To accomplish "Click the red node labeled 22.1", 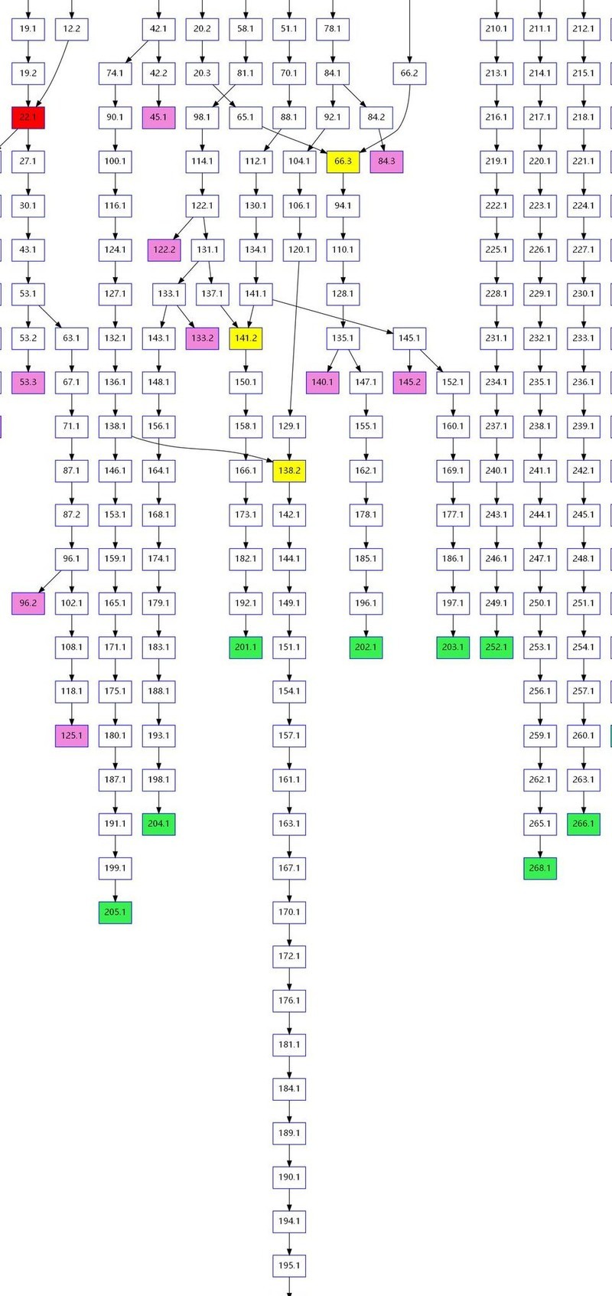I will (28, 117).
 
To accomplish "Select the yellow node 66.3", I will (343, 162).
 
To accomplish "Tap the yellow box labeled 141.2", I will (246, 338).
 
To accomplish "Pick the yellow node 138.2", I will (289, 471).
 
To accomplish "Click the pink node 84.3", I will (387, 162).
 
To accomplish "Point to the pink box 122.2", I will (164, 250).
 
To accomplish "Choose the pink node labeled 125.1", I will (72, 736).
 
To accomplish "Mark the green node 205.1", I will (116, 912).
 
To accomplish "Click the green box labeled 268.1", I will (540, 868).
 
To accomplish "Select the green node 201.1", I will (246, 647).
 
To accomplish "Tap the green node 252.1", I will (496, 647).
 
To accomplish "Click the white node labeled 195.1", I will (289, 1265).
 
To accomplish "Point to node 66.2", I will (409, 73).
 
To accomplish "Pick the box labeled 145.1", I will (409, 338).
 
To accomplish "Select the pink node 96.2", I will (28, 603).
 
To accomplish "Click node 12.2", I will (72, 29).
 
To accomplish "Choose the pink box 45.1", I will (159, 117).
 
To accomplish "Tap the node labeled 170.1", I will (289, 912).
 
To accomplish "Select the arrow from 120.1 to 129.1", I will (294, 337).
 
